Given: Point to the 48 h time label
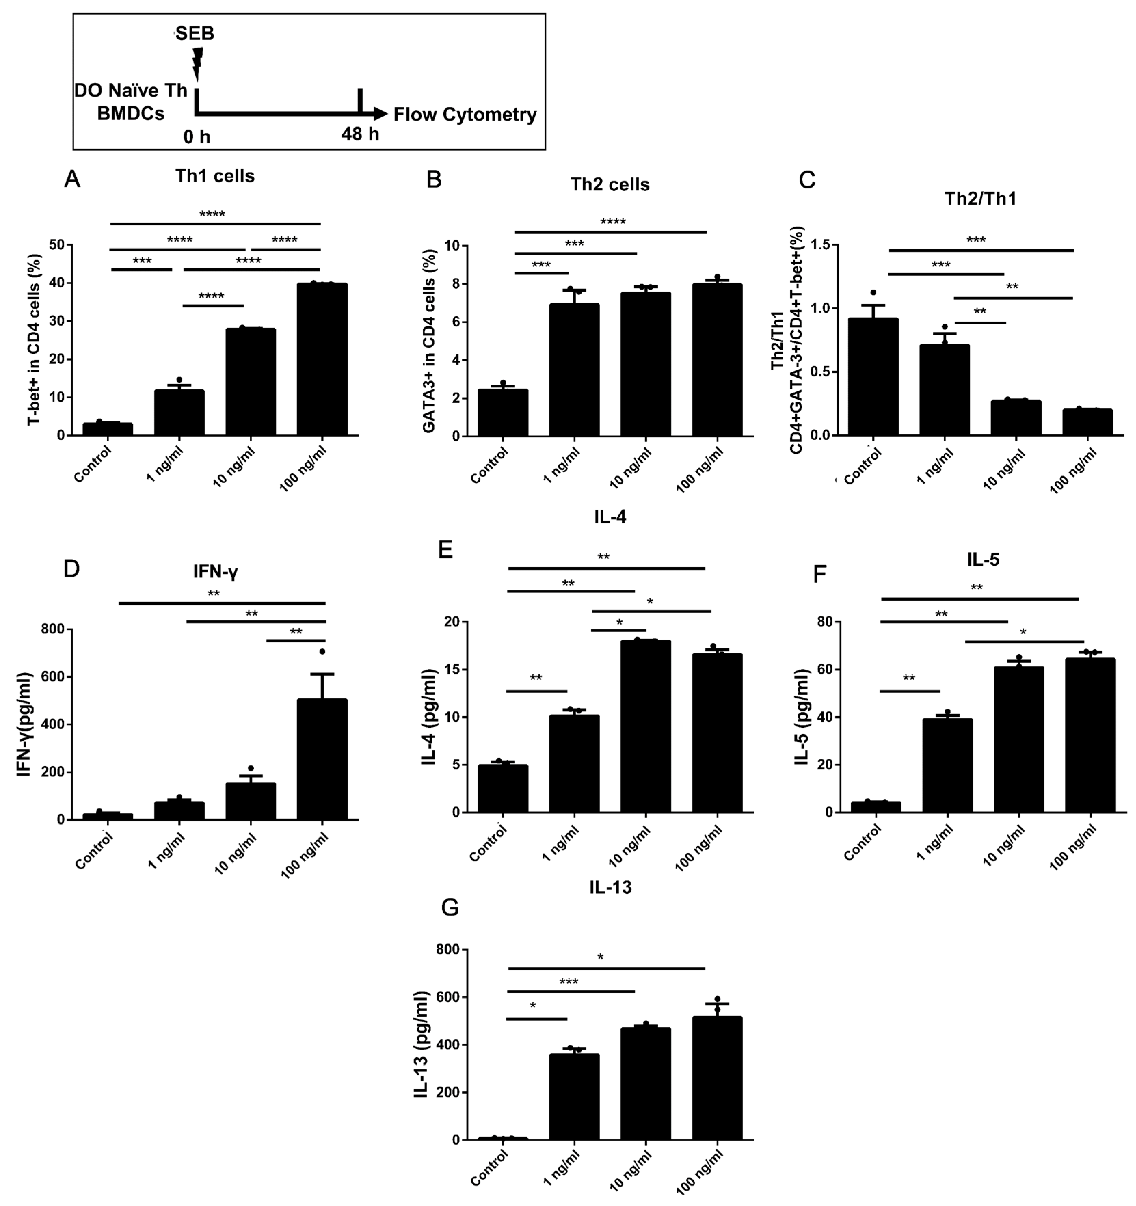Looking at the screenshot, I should [360, 134].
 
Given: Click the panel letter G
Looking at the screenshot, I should [450, 925].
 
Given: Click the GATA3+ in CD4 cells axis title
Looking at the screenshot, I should [428, 340].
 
